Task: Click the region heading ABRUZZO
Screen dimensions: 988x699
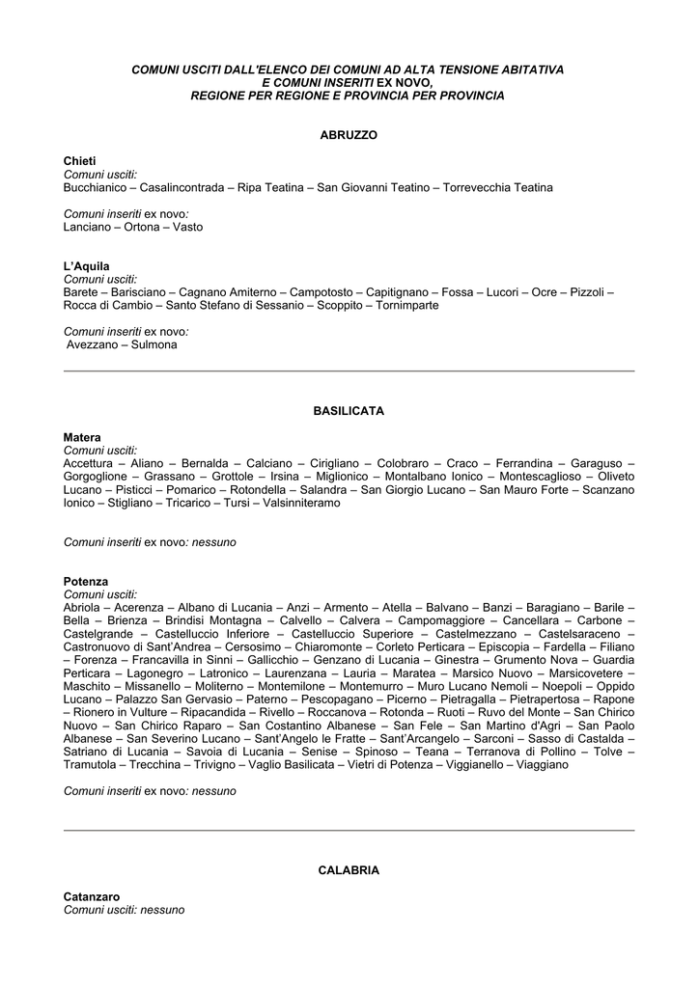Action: pos(349,135)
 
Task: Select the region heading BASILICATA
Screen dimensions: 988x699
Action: pos(349,411)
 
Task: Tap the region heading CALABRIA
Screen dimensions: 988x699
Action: pos(349,870)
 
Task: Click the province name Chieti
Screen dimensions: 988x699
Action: pos(80,160)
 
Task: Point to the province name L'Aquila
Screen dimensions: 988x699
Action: pos(87,266)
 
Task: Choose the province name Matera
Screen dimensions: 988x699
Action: pos(82,437)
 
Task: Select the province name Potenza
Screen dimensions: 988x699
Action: pos(86,582)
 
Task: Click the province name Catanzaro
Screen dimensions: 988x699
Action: pos(92,897)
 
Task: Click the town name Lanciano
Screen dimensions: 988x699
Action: pos(87,228)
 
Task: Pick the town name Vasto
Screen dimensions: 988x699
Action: pos(188,228)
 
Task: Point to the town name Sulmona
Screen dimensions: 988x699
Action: pos(154,344)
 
